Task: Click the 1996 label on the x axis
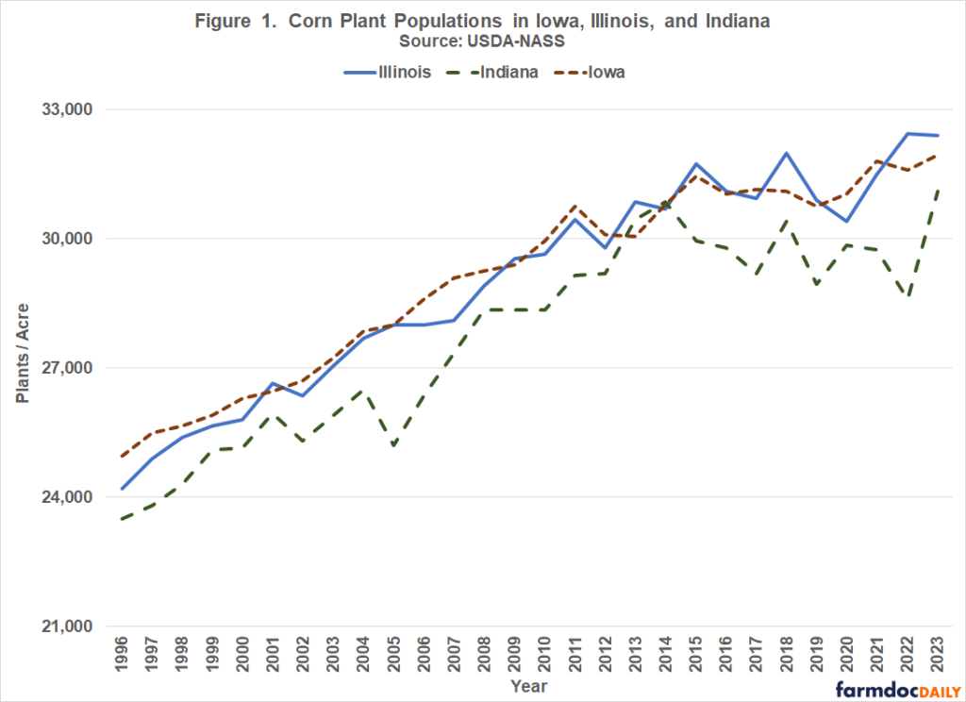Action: (122, 654)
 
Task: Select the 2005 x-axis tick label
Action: (392, 654)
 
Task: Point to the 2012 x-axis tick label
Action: (604, 654)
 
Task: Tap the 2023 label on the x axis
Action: (936, 654)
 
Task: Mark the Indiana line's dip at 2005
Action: (392, 445)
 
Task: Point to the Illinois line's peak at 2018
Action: (785, 153)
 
